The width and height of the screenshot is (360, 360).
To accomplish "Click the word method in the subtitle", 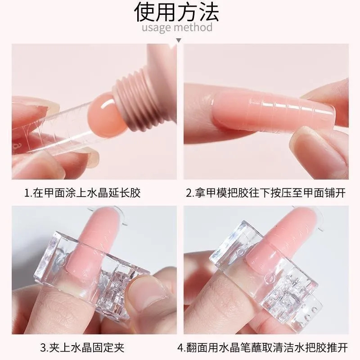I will click(194, 27).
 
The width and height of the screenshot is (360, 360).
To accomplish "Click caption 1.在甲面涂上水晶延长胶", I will click(82, 193).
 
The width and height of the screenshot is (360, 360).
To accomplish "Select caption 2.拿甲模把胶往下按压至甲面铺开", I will click(266, 193).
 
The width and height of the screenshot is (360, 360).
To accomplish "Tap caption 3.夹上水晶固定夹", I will click(82, 347).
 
